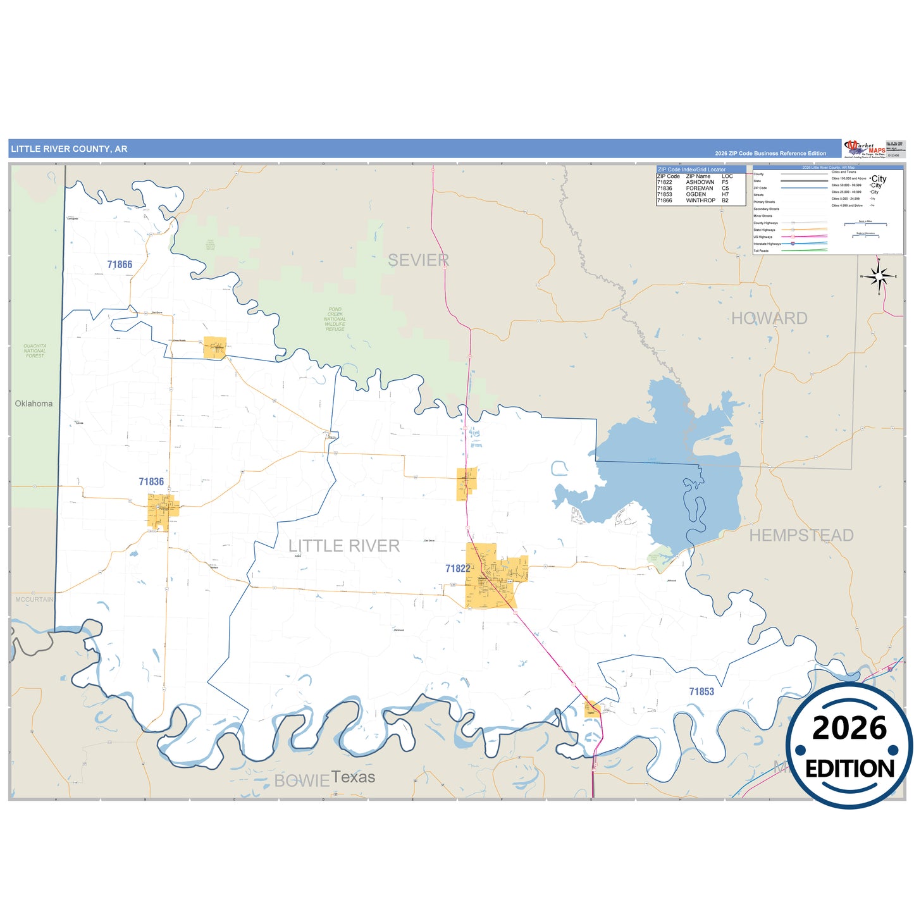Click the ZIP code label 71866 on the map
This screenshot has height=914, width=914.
(x=120, y=265)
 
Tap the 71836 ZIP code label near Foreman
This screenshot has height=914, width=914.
(x=151, y=482)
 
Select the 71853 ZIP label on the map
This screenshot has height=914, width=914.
(x=701, y=692)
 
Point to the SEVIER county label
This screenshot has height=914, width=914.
(x=418, y=260)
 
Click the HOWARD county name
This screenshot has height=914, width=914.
(x=769, y=318)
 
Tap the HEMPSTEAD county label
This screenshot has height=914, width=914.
(x=801, y=536)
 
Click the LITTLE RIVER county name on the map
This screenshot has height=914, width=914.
(x=344, y=546)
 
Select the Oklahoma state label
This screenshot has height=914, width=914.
(x=34, y=404)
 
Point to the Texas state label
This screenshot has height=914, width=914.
(x=353, y=777)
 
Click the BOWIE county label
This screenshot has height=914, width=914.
(x=302, y=781)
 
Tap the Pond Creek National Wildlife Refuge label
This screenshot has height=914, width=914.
(x=335, y=319)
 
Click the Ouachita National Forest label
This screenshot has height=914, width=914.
(x=35, y=351)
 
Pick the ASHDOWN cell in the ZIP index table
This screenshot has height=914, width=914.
(x=700, y=182)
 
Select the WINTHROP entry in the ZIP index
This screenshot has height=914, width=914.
(x=700, y=201)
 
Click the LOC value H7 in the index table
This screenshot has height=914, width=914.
(x=726, y=194)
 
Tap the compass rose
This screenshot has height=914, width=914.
(x=879, y=276)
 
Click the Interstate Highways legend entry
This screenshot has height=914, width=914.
(x=767, y=244)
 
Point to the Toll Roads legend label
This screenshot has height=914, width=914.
(x=761, y=250)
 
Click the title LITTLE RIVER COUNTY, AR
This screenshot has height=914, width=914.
(x=69, y=149)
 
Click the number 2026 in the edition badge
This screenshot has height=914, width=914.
(x=849, y=728)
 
